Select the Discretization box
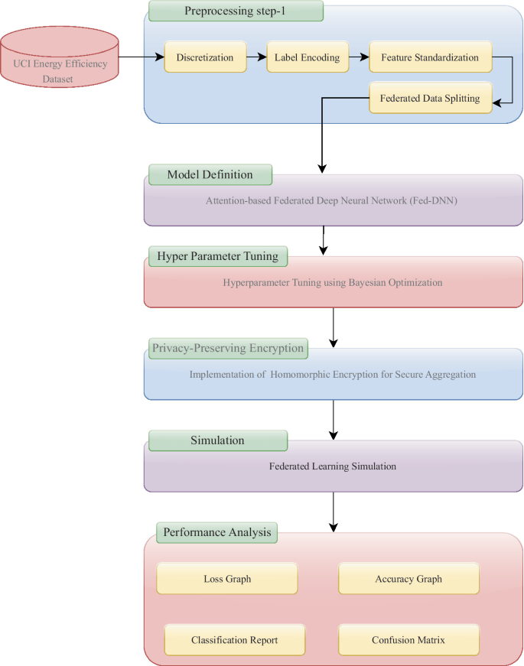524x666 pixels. pyautogui.click(x=205, y=57)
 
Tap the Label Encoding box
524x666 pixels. pyautogui.click(x=307, y=57)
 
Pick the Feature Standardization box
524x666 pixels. pyautogui.click(x=430, y=57)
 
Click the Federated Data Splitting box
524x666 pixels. pyautogui.click(x=430, y=98)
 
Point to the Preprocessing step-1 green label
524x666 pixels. pyautogui.click(x=236, y=11)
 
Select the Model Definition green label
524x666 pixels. pyautogui.click(x=210, y=174)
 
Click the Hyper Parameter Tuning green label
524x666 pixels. pyautogui.click(x=217, y=256)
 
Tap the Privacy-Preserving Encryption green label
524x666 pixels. pyautogui.click(x=228, y=348)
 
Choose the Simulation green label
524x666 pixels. pyautogui.click(x=217, y=440)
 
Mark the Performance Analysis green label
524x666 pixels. pyautogui.click(x=216, y=532)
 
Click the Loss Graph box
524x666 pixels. pyautogui.click(x=227, y=579)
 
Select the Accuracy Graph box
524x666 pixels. pyautogui.click(x=408, y=579)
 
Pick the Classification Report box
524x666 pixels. pyautogui.click(x=235, y=639)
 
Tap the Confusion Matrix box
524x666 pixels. pyautogui.click(x=408, y=639)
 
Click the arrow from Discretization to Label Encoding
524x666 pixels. pyautogui.click(x=255, y=57)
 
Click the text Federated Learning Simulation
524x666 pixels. pyautogui.click(x=332, y=466)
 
